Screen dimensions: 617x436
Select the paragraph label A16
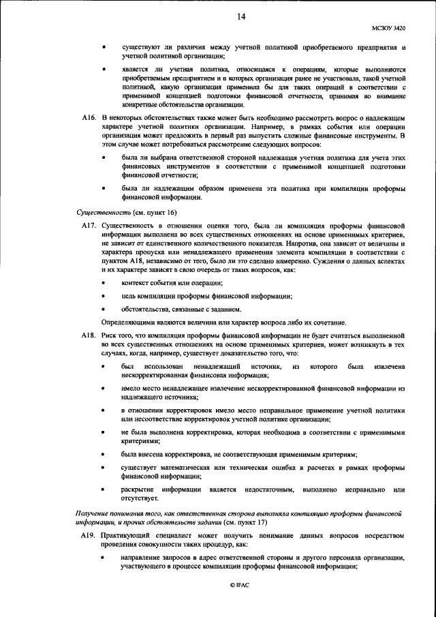(88, 119)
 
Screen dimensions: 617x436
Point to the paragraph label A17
(88, 224)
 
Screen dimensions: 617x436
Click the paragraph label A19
(88, 537)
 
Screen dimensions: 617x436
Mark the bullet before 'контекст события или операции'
(104, 282)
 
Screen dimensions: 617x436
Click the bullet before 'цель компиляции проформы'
(104, 295)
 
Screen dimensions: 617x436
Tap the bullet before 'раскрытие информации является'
(104, 490)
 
